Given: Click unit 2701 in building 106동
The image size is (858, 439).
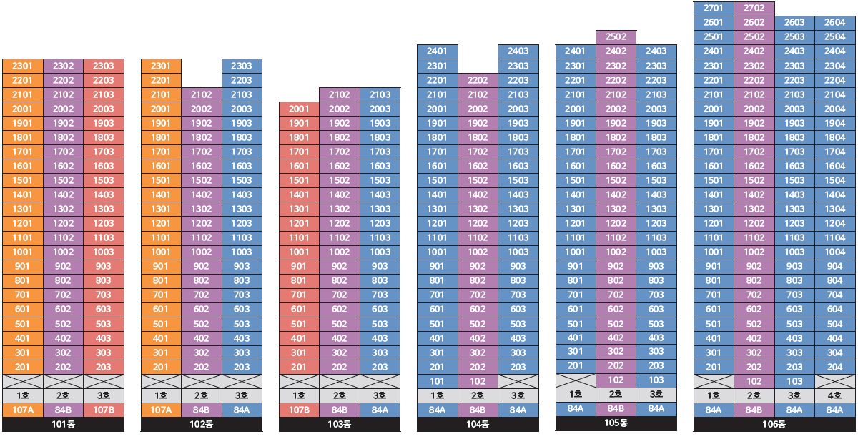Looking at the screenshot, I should pos(713,8).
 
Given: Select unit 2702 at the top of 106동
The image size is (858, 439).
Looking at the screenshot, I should pos(754,8).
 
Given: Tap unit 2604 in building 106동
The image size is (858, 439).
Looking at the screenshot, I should pos(834,22).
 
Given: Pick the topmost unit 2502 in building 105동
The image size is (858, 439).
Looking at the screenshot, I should pos(616,36).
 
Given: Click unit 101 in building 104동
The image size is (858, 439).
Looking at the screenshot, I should pos(436,381).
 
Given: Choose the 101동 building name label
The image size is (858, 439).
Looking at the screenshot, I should pos(63,425).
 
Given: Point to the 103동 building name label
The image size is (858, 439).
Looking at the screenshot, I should pos(340,425).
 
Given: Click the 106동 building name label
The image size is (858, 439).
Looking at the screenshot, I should pos(774,425).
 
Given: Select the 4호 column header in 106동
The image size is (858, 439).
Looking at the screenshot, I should pos(834,395).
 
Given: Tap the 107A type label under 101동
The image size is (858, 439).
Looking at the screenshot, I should pos(22,410).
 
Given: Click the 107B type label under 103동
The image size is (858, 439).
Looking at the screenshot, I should pos(298,410).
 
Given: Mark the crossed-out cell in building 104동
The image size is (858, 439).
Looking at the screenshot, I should pos(518,381).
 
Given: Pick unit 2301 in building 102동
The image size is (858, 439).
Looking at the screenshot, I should pos(161,66).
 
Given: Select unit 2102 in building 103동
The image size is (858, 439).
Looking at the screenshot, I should pos(340,94).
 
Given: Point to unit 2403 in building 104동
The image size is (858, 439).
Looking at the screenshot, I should pos(518,51).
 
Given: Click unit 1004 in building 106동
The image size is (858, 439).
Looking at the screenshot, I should pos(834,252).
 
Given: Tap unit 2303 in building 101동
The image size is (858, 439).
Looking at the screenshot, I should pos(104,66).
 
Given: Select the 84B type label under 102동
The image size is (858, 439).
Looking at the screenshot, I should pos(202,410).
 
